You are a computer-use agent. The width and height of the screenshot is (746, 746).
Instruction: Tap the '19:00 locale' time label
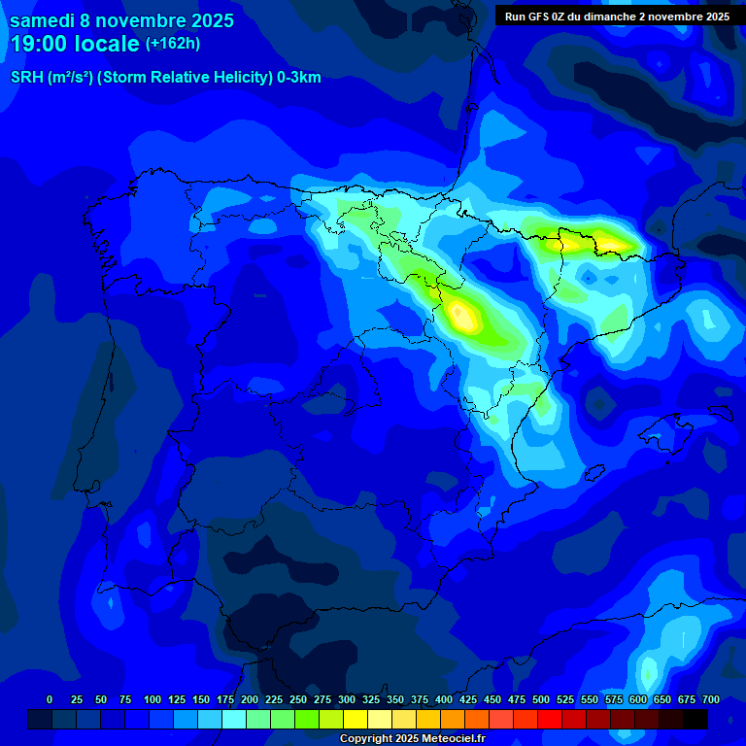[x=75, y=44]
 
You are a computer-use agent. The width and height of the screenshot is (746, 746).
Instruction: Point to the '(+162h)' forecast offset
[x=172, y=43]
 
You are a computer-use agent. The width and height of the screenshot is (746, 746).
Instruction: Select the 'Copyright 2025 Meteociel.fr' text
[x=412, y=738]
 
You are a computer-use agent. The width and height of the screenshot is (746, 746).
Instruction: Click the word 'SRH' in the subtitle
[x=28, y=78]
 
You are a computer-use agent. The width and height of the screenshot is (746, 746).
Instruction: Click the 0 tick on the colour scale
[x=50, y=699]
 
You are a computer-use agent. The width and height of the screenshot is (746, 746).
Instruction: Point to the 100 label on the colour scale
[x=153, y=699]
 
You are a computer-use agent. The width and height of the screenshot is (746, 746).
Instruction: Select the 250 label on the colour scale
[x=298, y=699]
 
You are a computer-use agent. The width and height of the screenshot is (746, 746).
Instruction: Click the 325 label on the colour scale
[x=371, y=699]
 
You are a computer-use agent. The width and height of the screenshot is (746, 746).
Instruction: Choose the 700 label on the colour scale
[x=711, y=699]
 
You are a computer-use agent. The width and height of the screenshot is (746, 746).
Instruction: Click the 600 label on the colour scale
[x=638, y=699]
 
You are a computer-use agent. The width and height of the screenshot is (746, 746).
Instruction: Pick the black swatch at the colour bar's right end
[x=695, y=719]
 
